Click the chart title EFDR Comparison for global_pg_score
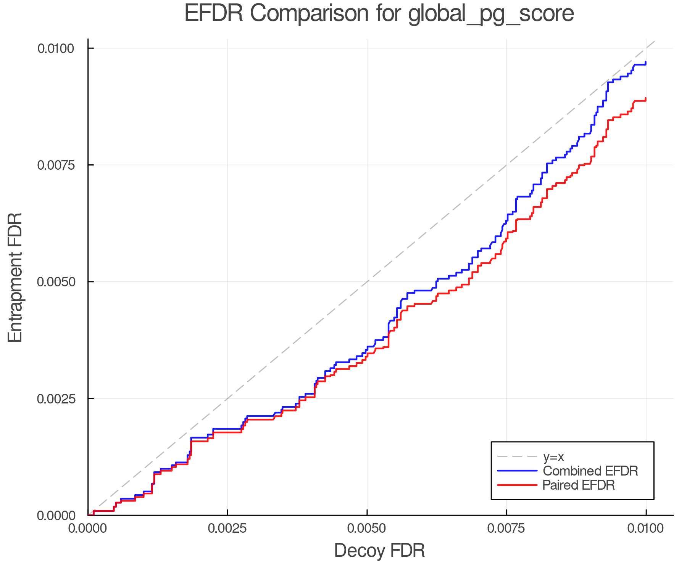[x=379, y=14]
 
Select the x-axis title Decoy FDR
[x=379, y=551]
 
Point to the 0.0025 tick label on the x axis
[x=227, y=529]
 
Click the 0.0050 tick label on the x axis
[x=367, y=529]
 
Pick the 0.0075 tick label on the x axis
[x=506, y=529]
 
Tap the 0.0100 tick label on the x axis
[x=646, y=529]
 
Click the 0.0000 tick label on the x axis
[x=88, y=529]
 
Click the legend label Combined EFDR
[x=590, y=471]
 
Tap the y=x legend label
[x=553, y=456]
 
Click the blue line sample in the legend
[x=517, y=471]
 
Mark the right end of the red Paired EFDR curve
[x=645, y=99]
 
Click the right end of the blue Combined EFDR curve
[x=645, y=63]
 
